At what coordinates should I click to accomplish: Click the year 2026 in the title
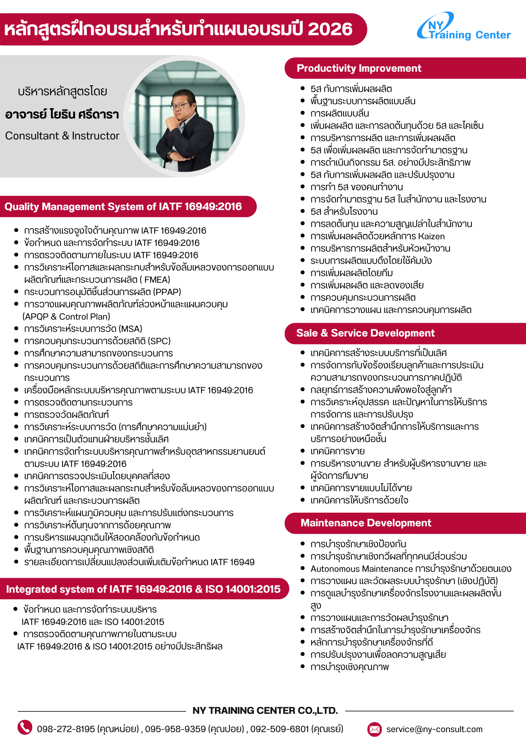[x=330, y=29]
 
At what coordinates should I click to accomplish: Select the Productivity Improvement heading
[x=359, y=68]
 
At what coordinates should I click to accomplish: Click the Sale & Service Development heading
[x=365, y=333]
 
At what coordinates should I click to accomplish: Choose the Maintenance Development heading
[x=366, y=523]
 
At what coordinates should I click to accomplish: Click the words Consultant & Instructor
[x=62, y=136]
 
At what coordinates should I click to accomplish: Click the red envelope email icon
[x=375, y=729]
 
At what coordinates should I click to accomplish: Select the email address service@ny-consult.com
[x=434, y=729]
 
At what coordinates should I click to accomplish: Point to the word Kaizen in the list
[x=431, y=236]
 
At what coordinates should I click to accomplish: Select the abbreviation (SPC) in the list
[x=159, y=341]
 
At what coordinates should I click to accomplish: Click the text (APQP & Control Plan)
[x=66, y=317]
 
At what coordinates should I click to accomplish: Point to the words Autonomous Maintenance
[x=362, y=569]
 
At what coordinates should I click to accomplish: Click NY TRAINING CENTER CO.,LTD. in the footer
[x=265, y=710]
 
